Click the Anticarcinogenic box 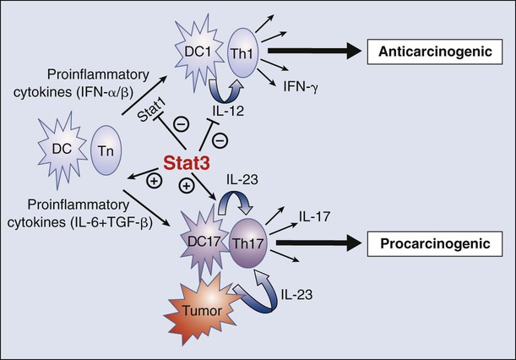click(x=435, y=52)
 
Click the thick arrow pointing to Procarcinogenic click(x=319, y=244)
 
